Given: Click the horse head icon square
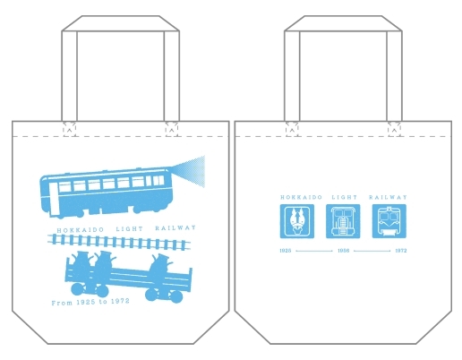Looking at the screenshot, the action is (x=297, y=221).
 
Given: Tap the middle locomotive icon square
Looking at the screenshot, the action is (x=343, y=221).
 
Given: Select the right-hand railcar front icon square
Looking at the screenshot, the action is (x=389, y=221).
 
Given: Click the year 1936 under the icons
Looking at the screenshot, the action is (x=343, y=251).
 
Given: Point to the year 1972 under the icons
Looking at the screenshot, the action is (x=401, y=251).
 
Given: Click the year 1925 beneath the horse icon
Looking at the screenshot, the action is (x=286, y=251).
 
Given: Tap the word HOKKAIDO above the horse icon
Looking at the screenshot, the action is (x=301, y=197).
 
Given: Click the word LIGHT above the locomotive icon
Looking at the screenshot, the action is (x=345, y=197).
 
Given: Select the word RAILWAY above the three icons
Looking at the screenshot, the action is (x=388, y=197).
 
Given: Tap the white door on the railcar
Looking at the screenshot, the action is (x=53, y=198).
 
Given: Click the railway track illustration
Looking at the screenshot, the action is (x=119, y=242).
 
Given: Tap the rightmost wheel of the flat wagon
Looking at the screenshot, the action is (x=175, y=296).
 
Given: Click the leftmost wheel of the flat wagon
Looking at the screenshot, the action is (x=78, y=290).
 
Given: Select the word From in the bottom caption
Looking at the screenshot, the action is (x=62, y=303).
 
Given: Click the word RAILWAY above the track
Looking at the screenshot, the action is (x=175, y=228).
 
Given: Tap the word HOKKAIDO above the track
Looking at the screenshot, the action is (x=81, y=230).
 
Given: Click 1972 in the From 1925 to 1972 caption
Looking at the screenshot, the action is (x=120, y=301).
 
